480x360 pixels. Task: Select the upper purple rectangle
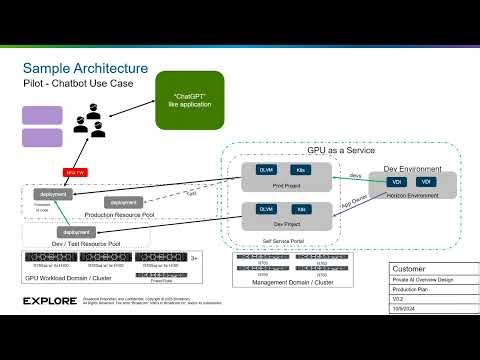42,118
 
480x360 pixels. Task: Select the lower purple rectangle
42,141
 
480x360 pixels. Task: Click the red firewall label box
75,171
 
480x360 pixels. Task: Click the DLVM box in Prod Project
267,171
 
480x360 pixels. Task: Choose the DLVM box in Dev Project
267,209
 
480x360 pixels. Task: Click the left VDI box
397,182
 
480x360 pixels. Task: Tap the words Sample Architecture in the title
86,67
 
